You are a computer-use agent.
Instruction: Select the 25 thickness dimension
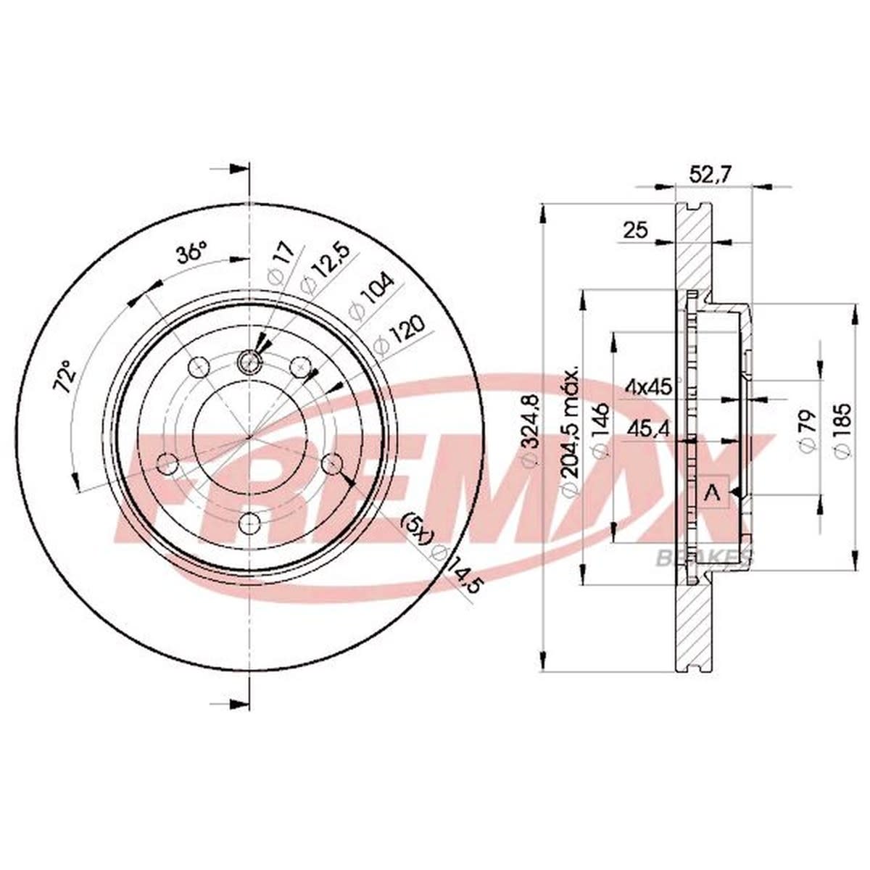coord(635,231)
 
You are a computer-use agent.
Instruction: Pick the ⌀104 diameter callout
coord(371,298)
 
